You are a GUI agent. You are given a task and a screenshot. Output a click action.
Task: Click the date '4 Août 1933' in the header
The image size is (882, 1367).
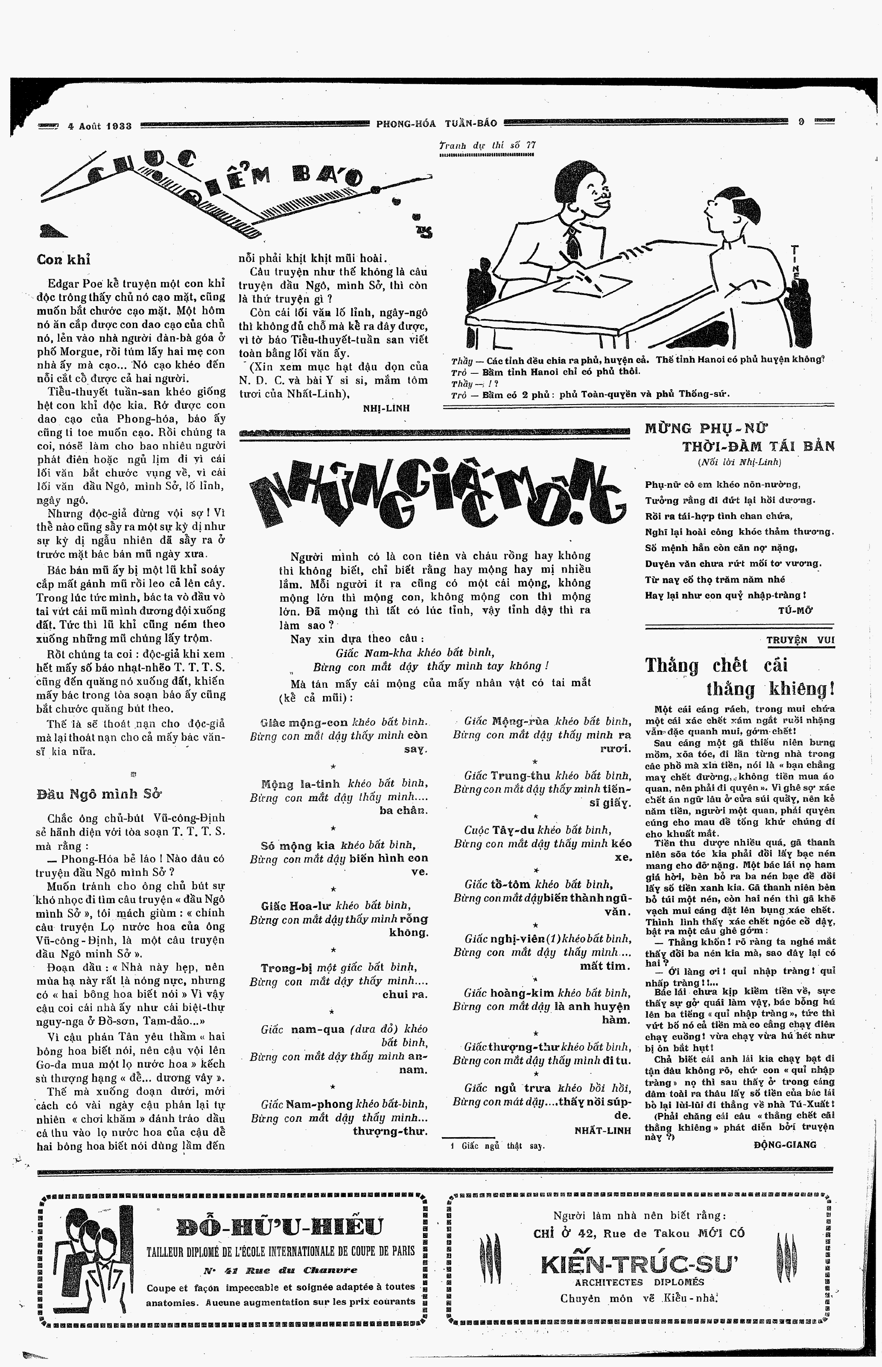pos(99,126)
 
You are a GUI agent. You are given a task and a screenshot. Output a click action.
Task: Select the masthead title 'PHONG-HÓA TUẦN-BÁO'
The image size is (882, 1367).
pos(436,123)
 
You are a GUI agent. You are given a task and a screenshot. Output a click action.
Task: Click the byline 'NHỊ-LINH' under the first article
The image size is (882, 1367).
pos(386,408)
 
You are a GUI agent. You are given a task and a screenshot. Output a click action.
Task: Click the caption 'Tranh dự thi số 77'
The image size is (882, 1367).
pos(488,146)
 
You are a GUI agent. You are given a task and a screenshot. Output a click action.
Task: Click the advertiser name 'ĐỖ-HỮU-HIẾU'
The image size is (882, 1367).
pos(280,1226)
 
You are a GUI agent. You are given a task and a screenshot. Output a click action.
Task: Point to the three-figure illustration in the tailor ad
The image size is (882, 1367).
pos(90,1256)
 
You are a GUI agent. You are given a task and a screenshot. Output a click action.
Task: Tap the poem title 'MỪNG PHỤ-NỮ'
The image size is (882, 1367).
pos(706,428)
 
